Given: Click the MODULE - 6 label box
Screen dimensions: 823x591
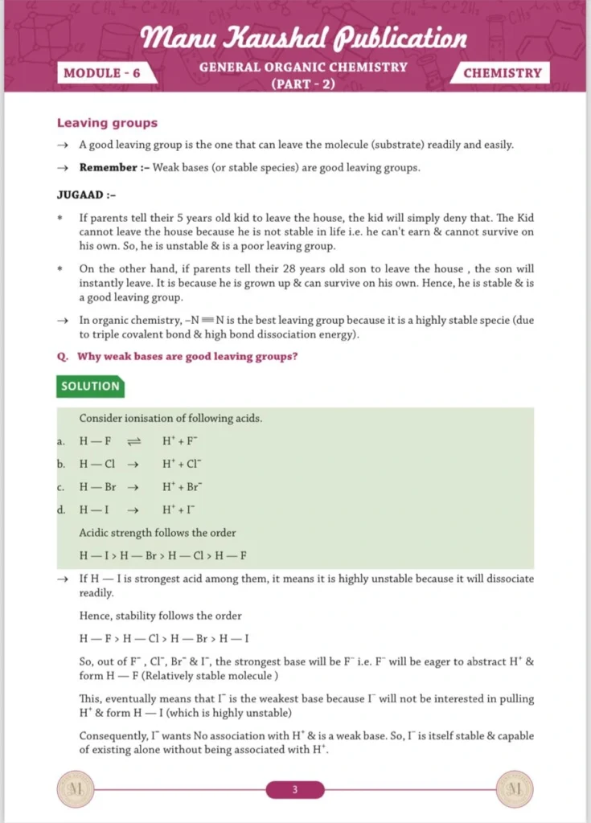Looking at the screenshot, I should point(101,73).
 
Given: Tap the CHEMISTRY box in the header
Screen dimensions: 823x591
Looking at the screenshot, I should point(503,73).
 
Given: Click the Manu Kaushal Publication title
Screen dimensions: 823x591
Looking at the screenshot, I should point(303,37).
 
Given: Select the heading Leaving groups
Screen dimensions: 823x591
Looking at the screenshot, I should point(107,123).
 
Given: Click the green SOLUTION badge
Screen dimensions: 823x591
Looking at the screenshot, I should point(90,386).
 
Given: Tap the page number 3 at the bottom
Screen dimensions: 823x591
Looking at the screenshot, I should point(295,790).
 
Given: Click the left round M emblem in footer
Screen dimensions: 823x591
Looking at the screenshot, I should point(78,789).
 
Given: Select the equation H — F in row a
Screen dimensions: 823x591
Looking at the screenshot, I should point(95,441).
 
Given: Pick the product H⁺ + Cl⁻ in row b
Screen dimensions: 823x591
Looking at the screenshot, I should point(183,464).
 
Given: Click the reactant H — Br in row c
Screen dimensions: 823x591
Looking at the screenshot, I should point(98,487).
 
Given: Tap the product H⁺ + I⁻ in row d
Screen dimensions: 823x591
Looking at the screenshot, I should point(179,510).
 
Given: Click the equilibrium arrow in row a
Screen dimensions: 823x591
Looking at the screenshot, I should point(134,441).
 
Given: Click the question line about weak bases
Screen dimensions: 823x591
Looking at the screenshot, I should point(177,356).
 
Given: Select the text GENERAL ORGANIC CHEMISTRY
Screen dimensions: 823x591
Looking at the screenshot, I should point(303,67).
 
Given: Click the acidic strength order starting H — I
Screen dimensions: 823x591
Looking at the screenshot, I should point(162,555).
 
